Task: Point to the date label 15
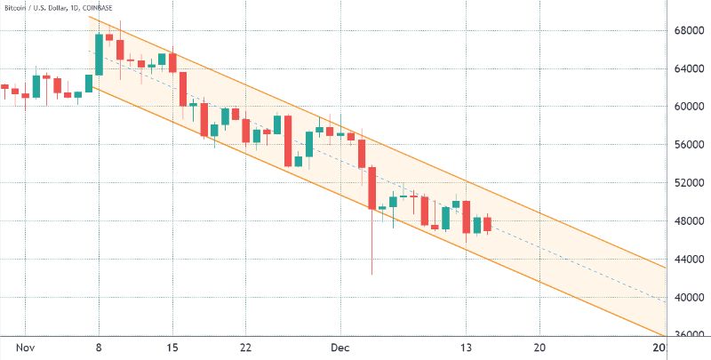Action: (x=173, y=348)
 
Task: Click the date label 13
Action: (x=466, y=348)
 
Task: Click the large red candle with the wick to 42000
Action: (x=372, y=188)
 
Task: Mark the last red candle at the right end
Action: (x=487, y=224)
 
